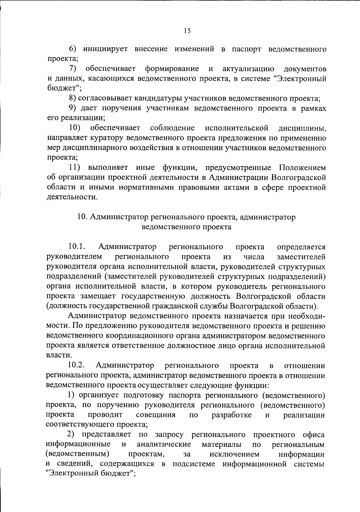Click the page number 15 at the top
187,31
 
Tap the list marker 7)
73,69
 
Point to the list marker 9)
73,108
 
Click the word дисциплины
302,128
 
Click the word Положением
302,168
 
